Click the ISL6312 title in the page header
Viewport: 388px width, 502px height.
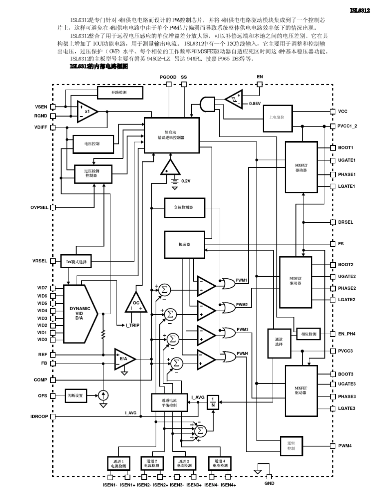pyautogui.click(x=360, y=11)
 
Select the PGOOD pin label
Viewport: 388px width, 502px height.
pyautogui.click(x=168, y=77)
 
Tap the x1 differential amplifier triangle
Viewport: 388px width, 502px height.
pyautogui.click(x=87, y=111)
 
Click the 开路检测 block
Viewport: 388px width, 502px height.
pyautogui.click(x=120, y=93)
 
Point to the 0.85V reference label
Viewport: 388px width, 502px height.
pyautogui.click(x=255, y=104)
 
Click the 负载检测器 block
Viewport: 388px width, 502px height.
pyautogui.click(x=181, y=207)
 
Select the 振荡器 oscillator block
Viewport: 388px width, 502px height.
pyautogui.click(x=184, y=244)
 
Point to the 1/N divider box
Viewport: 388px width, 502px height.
pyautogui.click(x=213, y=402)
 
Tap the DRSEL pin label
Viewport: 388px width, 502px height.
pyautogui.click(x=346, y=222)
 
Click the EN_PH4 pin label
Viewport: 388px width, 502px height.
pyautogui.click(x=347, y=334)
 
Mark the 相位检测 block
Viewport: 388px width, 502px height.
pyautogui.click(x=308, y=334)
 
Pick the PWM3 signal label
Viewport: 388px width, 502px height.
pyautogui.click(x=243, y=329)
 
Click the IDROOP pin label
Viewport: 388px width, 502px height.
pyautogui.click(x=39, y=417)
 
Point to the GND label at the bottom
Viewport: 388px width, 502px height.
pyautogui.click(x=270, y=483)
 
